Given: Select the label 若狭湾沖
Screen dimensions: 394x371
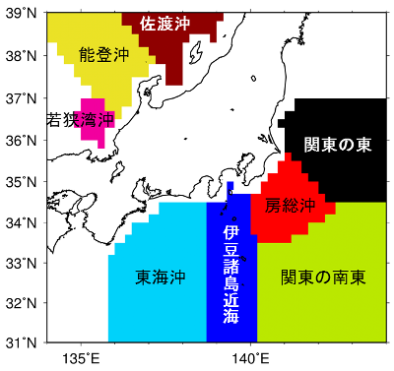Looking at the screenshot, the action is tap(81, 119).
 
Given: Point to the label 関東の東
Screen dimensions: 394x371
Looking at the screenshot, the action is tap(338, 145).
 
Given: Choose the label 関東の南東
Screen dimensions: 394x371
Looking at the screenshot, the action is tap(322, 278).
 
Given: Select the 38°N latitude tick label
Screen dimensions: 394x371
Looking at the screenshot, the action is tap(22, 57).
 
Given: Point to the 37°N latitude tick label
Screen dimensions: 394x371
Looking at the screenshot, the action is tap(22, 98).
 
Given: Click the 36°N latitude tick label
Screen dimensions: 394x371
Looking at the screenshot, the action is tap(22, 140).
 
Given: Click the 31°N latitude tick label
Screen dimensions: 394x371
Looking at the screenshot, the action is tap(22, 344).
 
